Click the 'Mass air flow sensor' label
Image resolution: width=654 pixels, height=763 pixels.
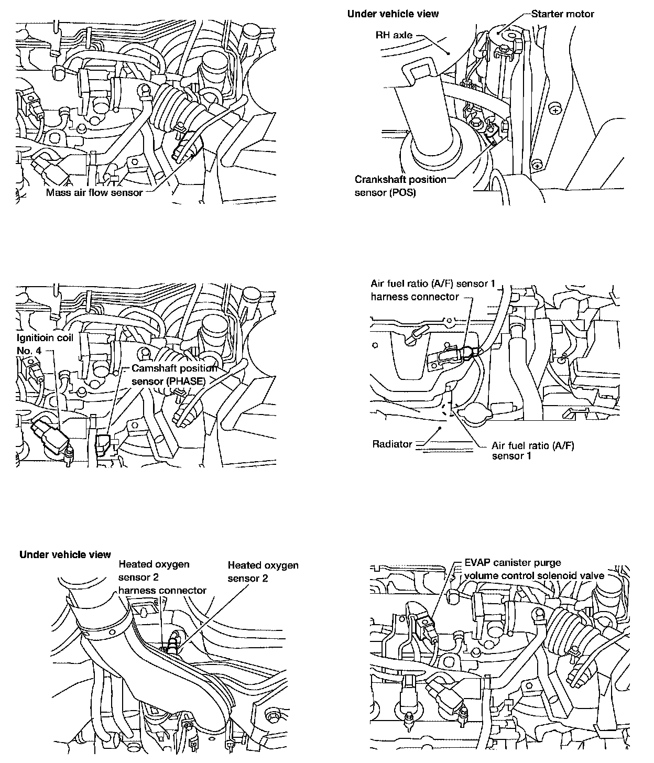tap(94, 193)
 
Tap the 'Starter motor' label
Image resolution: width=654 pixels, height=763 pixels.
tap(563, 14)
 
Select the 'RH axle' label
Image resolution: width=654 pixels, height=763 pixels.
tap(394, 35)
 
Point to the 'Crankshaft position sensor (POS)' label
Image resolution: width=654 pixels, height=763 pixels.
tap(400, 186)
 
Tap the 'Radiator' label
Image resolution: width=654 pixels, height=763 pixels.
tap(392, 444)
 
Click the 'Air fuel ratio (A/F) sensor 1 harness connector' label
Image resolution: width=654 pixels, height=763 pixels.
tap(433, 290)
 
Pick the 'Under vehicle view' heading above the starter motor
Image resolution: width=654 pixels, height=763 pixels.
tap(393, 14)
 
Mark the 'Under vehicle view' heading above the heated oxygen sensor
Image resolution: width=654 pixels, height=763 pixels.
tap(65, 554)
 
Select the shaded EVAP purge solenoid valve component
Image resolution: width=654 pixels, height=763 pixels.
tap(426, 627)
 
